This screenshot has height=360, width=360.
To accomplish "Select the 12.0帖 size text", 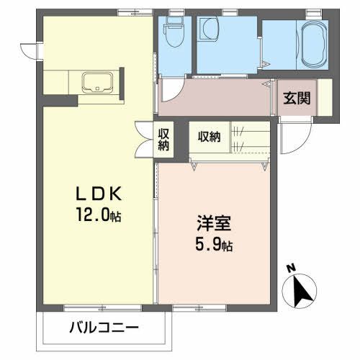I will [101, 215].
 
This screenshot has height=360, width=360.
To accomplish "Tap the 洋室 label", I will [214, 224].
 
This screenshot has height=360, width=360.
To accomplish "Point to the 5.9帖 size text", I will [215, 244].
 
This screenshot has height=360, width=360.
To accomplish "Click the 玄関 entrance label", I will [296, 98].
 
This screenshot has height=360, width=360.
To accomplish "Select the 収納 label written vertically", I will [164, 138].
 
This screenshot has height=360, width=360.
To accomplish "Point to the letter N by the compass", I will [291, 267].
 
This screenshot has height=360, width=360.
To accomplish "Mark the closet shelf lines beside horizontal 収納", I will [240, 138].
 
